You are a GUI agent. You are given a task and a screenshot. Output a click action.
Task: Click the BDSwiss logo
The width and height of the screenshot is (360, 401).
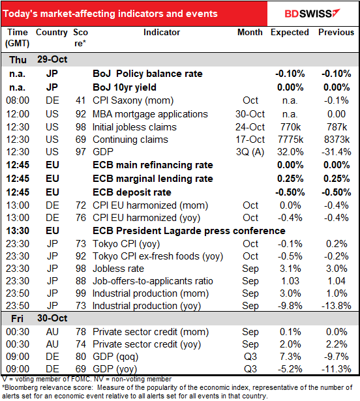tap(312, 13)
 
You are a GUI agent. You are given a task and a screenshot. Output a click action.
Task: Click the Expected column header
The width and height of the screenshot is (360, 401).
tap(290, 32)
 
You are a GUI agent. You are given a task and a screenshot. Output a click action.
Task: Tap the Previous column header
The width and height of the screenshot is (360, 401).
tap(337, 32)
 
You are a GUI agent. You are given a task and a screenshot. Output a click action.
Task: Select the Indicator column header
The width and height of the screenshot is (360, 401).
tap(162, 32)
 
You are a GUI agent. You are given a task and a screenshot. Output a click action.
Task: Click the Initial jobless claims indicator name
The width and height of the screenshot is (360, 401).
tap(134, 127)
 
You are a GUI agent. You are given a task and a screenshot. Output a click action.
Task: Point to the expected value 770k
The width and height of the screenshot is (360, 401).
tap(290, 127)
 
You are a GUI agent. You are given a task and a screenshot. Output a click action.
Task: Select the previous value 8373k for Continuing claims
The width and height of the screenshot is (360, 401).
tap(337, 140)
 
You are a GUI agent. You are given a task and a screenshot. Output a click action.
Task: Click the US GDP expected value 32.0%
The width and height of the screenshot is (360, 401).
tap(290, 152)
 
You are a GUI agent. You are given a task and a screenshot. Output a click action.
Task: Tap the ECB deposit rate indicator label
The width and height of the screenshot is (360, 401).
tap(132, 192)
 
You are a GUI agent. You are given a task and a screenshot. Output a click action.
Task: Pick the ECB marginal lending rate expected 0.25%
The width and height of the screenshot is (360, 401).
tap(290, 179)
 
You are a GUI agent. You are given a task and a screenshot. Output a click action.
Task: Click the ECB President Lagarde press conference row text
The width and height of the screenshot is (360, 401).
tap(189, 231)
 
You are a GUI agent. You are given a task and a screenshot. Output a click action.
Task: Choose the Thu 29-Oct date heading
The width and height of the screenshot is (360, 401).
tap(38, 59)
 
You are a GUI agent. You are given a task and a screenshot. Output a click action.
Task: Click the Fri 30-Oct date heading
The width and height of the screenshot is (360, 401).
tap(39, 318)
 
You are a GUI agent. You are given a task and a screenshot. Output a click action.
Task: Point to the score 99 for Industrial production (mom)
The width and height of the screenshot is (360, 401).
tap(81, 293)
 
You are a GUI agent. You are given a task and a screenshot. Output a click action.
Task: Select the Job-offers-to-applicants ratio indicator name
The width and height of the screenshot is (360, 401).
tap(153, 281)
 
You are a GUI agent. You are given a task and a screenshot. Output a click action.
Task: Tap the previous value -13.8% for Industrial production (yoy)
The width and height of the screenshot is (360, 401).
tap(337, 306)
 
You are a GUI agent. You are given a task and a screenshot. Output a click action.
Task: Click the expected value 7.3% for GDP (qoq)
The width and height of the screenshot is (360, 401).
tap(290, 357)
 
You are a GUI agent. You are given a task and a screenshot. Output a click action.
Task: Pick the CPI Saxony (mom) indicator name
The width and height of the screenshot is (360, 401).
tap(133, 100)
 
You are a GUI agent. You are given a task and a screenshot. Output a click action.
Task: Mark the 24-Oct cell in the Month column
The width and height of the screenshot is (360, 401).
tap(250, 127)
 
